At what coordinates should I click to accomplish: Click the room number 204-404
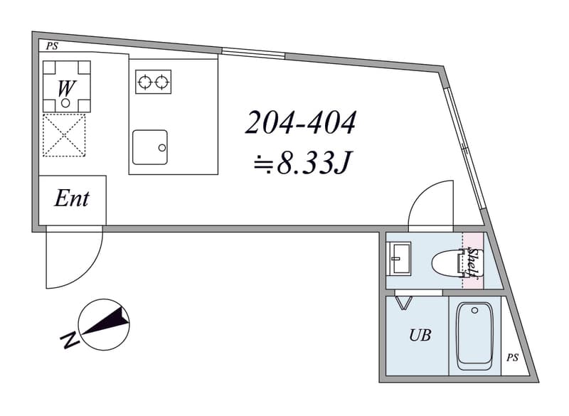click(x=300, y=123)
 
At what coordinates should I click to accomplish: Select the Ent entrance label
click(x=72, y=198)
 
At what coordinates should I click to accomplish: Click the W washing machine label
click(x=66, y=88)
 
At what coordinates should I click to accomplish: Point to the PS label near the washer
click(x=51, y=46)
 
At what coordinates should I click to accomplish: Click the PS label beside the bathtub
click(x=512, y=358)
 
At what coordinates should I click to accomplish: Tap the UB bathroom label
click(x=420, y=335)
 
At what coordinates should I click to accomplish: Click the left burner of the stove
click(x=145, y=82)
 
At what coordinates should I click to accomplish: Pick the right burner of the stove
click(x=162, y=82)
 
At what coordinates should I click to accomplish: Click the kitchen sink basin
click(x=150, y=147)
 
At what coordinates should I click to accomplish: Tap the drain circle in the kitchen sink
click(x=162, y=148)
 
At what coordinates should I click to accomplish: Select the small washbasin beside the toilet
click(x=399, y=259)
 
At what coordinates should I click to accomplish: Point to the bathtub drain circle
click(x=474, y=311)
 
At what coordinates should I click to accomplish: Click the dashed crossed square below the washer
click(x=64, y=135)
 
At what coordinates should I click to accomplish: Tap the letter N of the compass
click(x=70, y=340)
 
